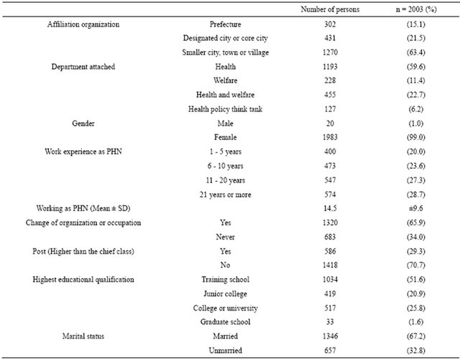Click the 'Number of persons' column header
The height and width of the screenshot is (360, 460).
(x=330, y=9)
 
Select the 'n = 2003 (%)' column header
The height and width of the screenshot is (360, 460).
(x=416, y=9)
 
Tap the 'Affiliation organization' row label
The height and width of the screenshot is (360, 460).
(x=83, y=24)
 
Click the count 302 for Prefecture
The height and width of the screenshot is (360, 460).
(x=330, y=24)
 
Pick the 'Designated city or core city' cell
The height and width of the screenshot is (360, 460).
(x=225, y=38)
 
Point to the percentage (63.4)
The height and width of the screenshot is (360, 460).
(x=416, y=52)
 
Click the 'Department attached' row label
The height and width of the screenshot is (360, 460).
(x=83, y=67)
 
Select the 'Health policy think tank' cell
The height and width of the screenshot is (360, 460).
(x=225, y=109)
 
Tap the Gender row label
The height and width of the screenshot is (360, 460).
(x=83, y=124)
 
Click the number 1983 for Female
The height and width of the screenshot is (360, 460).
(x=330, y=137)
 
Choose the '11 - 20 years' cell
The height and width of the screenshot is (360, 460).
(x=225, y=180)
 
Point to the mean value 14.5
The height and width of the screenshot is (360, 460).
(x=330, y=208)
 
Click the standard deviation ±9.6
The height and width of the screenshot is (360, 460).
(x=416, y=208)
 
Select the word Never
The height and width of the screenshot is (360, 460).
(x=225, y=237)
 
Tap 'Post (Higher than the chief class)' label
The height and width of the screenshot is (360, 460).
(x=83, y=251)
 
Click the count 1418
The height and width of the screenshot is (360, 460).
(x=330, y=265)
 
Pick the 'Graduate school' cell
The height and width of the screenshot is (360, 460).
(x=225, y=322)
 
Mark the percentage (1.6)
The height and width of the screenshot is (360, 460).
(x=416, y=322)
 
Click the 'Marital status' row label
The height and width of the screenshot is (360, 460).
(x=83, y=336)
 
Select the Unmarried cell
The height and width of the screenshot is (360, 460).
(x=225, y=351)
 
